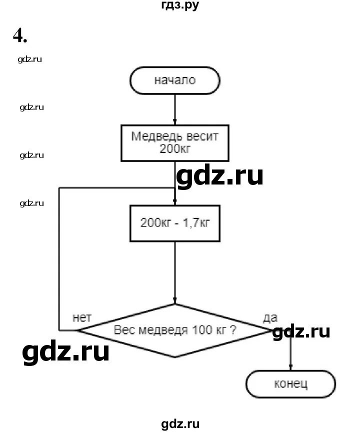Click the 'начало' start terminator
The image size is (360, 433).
(x=174, y=80)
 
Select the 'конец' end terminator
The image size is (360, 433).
(x=290, y=384)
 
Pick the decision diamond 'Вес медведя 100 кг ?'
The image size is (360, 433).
(x=174, y=330)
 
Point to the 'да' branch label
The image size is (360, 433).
(x=270, y=317)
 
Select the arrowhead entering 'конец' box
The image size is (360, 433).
(x=290, y=368)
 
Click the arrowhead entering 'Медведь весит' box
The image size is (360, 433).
(x=174, y=121)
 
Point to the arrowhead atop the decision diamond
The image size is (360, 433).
(x=174, y=300)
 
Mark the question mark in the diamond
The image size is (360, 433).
(x=233, y=330)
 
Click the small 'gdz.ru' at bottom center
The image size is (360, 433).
(x=180, y=424)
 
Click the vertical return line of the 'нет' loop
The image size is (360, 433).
(x=59, y=260)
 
